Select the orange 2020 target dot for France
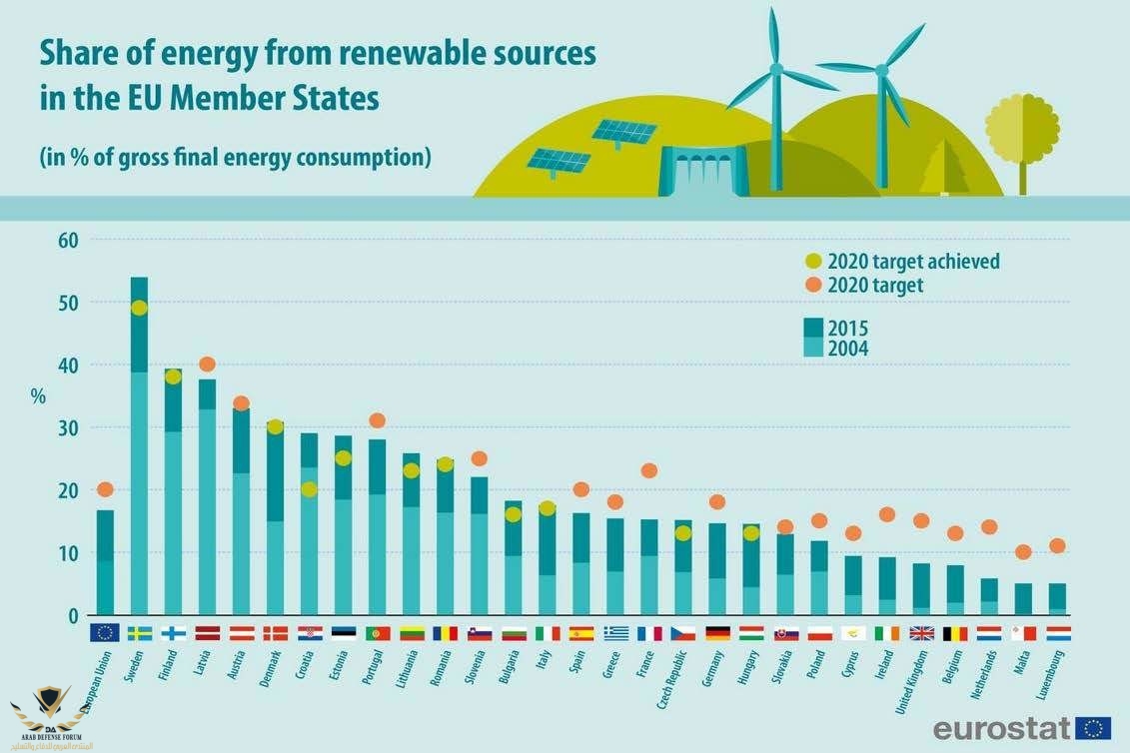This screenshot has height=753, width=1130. [x=648, y=470]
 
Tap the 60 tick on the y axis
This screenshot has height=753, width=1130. [x=68, y=240]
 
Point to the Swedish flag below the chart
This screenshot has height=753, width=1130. [x=139, y=632]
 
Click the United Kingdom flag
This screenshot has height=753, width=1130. [x=921, y=632]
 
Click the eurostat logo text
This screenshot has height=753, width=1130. [x=1001, y=727]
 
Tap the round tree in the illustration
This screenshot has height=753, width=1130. [x=1021, y=129]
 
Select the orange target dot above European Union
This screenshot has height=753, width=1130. [x=105, y=489]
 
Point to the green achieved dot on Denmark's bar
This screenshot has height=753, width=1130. [x=275, y=427]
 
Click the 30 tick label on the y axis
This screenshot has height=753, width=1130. [x=68, y=427]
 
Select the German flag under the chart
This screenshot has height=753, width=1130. [x=716, y=632]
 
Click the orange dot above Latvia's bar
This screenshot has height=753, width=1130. [x=207, y=365]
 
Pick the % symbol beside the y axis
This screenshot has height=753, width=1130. [x=38, y=396]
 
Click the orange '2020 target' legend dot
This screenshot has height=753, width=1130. [x=812, y=285]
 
